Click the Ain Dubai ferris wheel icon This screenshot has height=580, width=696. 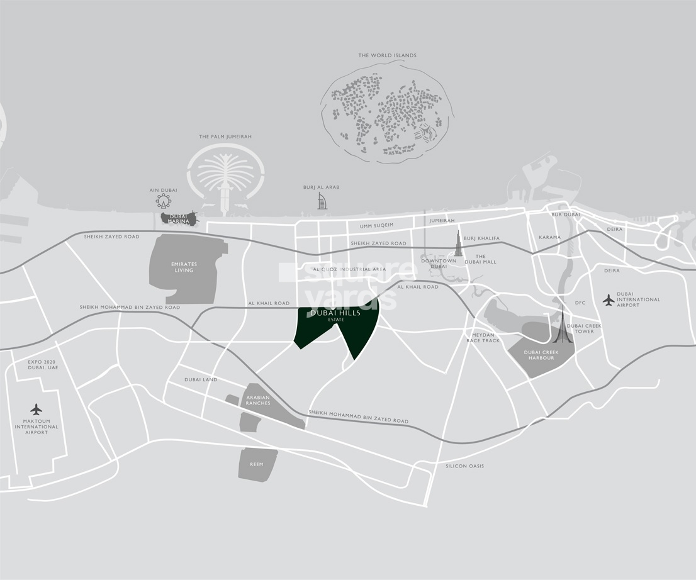(164, 201)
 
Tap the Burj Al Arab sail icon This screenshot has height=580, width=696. (322, 201)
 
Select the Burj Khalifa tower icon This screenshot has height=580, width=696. (458, 244)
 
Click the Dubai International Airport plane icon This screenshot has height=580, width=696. (608, 300)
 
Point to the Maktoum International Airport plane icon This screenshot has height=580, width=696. (36, 410)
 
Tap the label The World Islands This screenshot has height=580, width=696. (387, 55)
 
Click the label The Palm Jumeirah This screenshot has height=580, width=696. (225, 137)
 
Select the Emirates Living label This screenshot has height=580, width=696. (184, 267)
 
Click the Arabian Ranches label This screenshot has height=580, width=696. (258, 400)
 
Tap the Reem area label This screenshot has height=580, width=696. (256, 464)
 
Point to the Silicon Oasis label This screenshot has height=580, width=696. (464, 466)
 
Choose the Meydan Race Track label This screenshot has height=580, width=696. (483, 338)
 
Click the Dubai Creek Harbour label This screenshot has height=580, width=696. (541, 355)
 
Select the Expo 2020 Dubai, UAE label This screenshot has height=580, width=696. (43, 365)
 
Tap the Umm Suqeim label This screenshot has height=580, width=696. (376, 225)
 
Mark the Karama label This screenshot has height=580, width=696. (549, 238)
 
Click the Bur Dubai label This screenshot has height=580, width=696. (566, 215)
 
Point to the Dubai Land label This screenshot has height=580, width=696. (201, 380)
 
